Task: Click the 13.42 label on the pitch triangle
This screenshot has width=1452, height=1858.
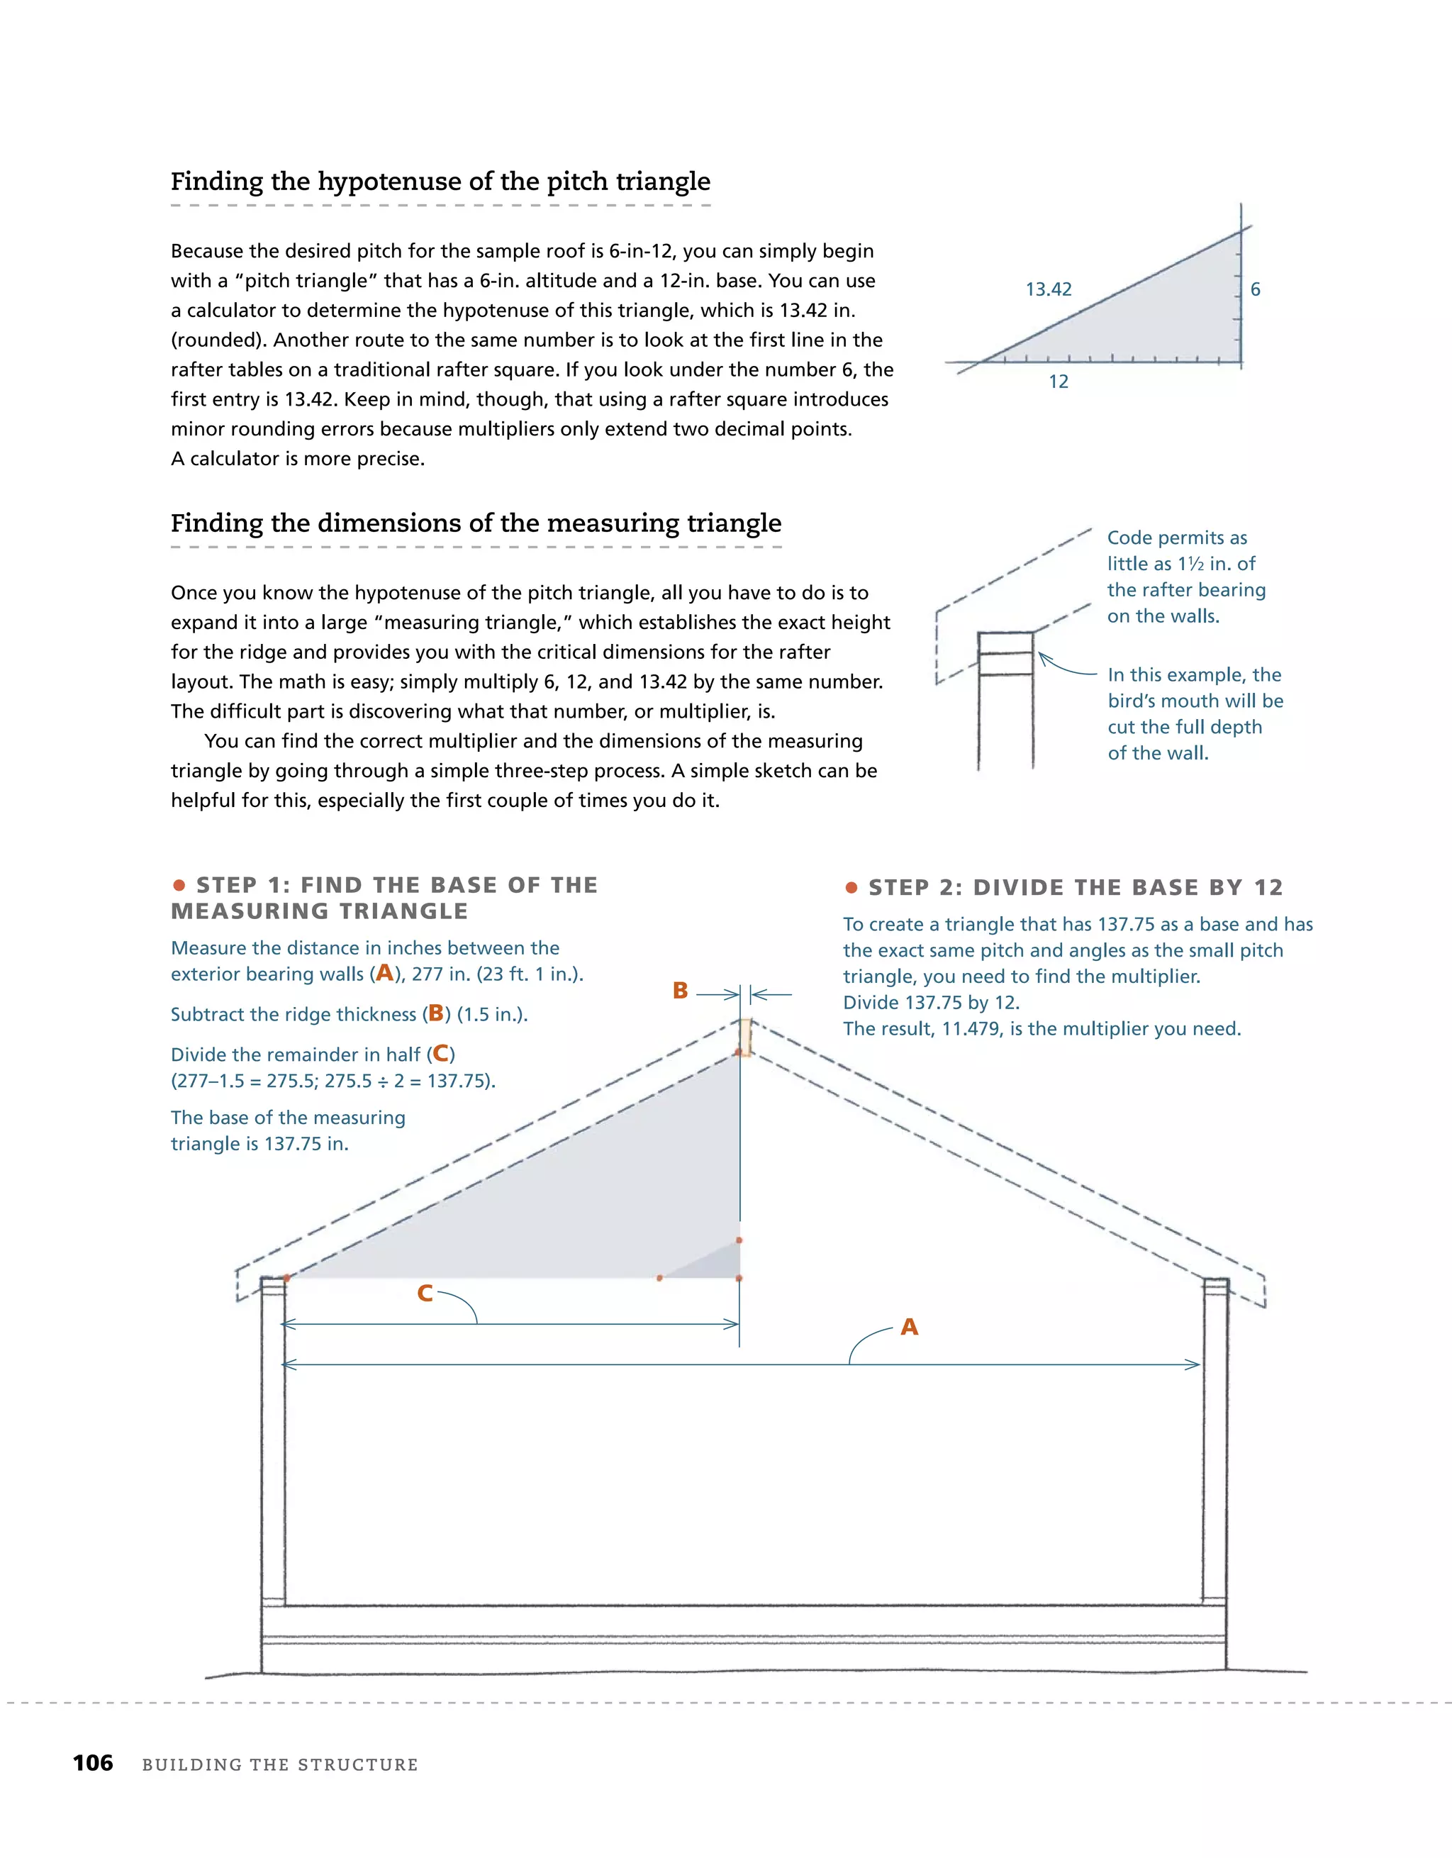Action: coord(1048,289)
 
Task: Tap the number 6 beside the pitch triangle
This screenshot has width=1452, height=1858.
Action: coord(1255,289)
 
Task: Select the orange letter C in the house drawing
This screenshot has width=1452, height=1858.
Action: coord(425,1293)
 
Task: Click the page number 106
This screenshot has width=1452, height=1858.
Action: coord(93,1763)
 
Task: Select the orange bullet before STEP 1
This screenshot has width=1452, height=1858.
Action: coord(179,886)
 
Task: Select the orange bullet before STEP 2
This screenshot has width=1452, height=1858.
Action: coord(851,888)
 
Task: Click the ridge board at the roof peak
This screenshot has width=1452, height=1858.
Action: coord(744,1037)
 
